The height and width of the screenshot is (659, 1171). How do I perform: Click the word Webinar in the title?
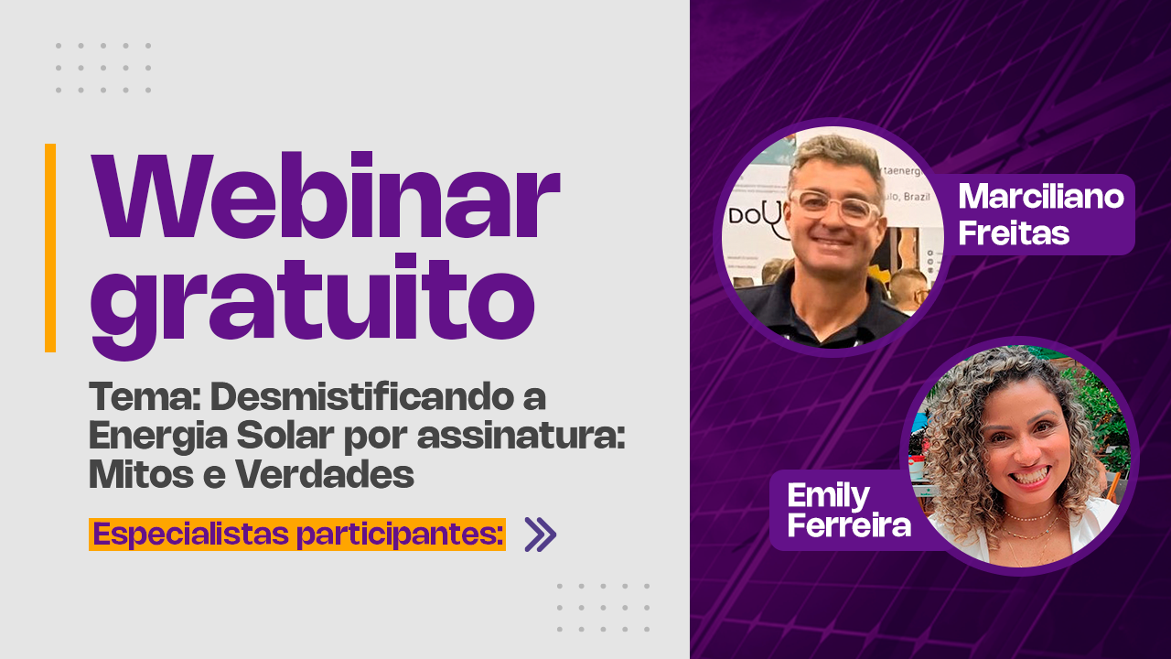point(325,195)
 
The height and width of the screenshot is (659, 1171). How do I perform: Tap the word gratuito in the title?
point(313,305)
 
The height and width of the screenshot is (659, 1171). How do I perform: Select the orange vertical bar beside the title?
point(50,248)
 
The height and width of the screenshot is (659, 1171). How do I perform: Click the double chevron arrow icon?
point(541,534)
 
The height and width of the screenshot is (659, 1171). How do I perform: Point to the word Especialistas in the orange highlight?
point(191,535)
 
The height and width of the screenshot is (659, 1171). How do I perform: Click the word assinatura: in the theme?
point(521,437)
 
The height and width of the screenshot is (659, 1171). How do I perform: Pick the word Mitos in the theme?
point(141,474)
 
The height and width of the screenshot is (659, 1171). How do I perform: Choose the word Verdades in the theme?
point(325,474)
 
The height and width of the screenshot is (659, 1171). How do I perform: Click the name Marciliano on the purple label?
point(1041,197)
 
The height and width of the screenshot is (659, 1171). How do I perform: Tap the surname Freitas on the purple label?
point(1014,232)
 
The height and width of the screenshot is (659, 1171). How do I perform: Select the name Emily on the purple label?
point(828,497)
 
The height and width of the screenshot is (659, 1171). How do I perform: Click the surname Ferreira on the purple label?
point(849,524)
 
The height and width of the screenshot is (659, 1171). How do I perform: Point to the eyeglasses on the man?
point(836,207)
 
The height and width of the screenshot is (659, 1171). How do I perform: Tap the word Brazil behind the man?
point(917,197)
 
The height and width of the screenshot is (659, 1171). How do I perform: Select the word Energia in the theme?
point(158,437)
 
